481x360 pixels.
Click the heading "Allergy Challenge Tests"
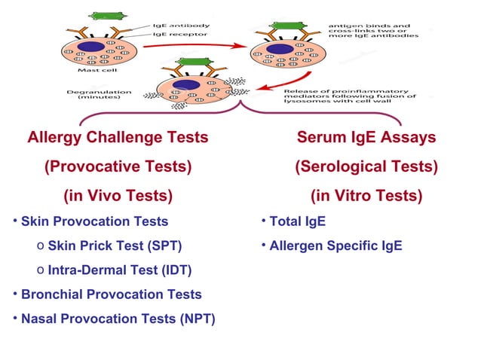pos(118,138)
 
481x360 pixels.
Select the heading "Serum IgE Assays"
pos(366,138)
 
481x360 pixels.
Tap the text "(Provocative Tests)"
pos(118,166)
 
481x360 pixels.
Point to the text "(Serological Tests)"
pos(366,166)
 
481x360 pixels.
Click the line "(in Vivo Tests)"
pos(118,196)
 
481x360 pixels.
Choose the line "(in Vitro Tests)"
pos(366,196)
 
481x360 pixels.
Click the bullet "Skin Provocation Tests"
pos(94,221)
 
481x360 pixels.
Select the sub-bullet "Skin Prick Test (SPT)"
pos(115,246)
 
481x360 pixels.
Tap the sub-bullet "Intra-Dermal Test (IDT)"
pos(119,270)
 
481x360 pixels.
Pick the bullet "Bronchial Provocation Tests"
pos(111,294)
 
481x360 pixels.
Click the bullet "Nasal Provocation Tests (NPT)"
pos(118,319)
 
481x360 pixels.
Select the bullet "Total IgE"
pos(299,221)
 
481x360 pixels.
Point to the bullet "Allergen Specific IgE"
pos(337,246)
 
